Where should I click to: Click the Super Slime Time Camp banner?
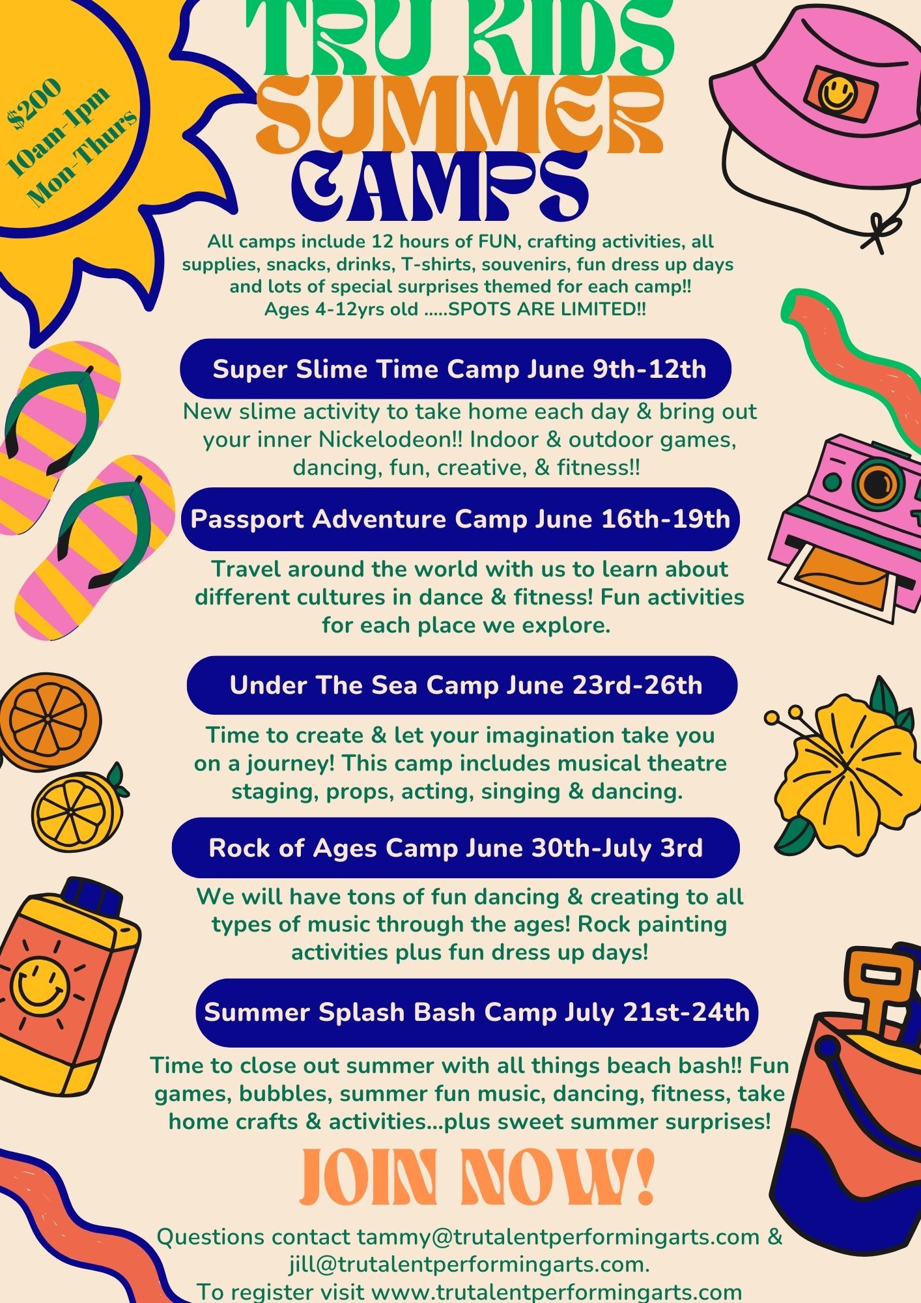(x=456, y=369)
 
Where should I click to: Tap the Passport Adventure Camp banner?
(x=460, y=519)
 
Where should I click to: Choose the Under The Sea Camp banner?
(x=462, y=685)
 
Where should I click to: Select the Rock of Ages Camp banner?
(x=456, y=848)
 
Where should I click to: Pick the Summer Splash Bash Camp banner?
(x=477, y=1012)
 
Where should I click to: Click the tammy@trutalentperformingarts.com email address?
(x=558, y=1237)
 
